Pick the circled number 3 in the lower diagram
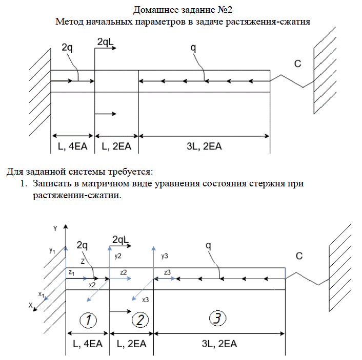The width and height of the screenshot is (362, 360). (217, 319)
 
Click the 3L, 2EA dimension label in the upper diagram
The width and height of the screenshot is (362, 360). (204, 146)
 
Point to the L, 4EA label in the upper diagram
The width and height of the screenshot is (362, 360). (72, 146)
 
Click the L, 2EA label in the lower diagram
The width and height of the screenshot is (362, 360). (132, 344)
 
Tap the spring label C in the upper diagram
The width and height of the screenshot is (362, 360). (297, 64)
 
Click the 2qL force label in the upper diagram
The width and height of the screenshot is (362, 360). (105, 43)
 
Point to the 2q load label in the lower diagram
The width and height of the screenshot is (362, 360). (82, 245)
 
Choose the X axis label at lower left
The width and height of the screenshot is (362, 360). (30, 305)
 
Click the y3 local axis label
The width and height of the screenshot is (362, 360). (164, 255)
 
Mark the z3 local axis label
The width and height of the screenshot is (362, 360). (168, 272)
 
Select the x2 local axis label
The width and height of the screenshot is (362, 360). (92, 284)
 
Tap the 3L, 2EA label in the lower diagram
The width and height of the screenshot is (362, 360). (219, 344)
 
